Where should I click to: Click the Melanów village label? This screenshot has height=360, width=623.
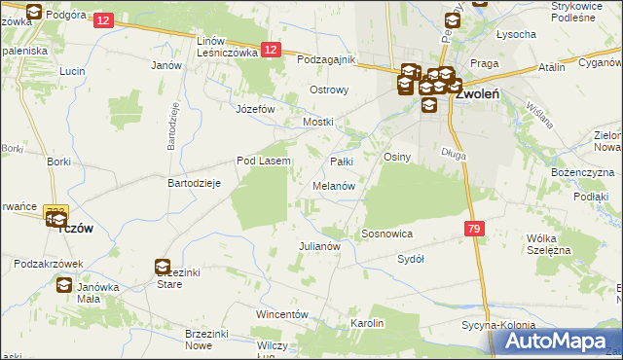333,185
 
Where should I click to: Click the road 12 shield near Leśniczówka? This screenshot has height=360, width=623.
272,51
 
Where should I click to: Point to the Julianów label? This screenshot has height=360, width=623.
318,246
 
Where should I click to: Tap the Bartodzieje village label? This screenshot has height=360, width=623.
196,183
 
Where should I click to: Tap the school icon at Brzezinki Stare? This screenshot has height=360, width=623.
162,266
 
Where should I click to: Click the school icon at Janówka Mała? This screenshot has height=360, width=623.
64,285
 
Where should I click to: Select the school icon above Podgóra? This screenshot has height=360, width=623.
35,13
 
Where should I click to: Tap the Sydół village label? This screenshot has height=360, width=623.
411,260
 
